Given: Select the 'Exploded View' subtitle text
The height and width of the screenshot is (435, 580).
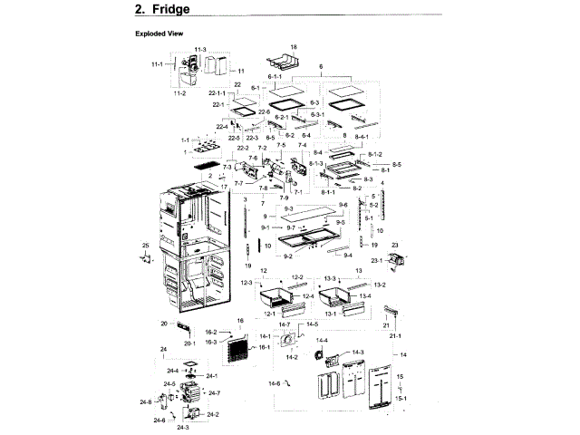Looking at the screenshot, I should (159, 34).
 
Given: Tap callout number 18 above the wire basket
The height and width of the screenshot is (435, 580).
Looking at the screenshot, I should (293, 46).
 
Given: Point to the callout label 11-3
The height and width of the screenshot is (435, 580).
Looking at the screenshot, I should (200, 48).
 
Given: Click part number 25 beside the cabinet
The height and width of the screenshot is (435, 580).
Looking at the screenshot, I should (145, 246).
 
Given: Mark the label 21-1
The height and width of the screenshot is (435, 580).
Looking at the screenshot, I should (395, 336).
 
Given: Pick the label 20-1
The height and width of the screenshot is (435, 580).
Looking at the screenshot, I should (190, 343).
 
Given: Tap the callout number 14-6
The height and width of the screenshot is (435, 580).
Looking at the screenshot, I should (274, 383).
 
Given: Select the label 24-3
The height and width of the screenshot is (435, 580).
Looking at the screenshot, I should (181, 426).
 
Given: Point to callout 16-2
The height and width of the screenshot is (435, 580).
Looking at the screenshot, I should (209, 333).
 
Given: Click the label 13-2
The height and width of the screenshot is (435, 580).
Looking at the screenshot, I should (379, 285).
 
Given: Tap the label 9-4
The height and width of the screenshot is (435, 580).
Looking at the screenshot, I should (347, 256).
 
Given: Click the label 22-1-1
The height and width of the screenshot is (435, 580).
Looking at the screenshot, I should (217, 94).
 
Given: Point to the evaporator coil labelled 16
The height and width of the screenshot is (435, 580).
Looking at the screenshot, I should (237, 350).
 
